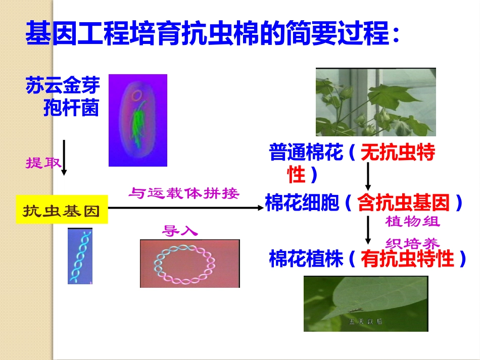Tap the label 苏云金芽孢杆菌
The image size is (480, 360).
tap(63, 97)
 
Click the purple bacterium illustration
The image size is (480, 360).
tap(137, 120)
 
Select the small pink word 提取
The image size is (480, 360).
tap(43, 163)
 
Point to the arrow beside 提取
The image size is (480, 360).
tap(64, 158)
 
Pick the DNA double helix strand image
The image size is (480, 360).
tap(80, 255)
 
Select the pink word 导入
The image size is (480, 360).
tap(180, 231)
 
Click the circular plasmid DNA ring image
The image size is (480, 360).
tap(189, 264)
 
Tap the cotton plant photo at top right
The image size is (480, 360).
tap(375, 102)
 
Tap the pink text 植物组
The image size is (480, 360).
tap(412, 221)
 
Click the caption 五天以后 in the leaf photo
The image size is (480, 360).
tap(365, 321)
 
